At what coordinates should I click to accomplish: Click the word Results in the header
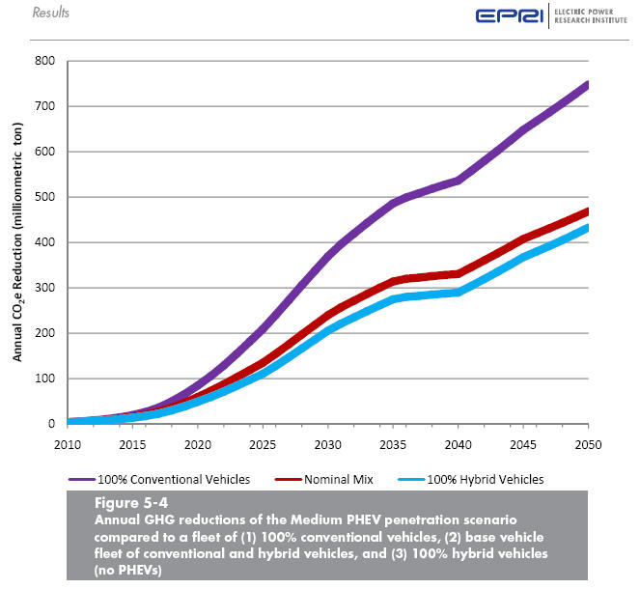(51, 13)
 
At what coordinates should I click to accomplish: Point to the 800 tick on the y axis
(44, 61)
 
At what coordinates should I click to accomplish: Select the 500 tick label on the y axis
(44, 197)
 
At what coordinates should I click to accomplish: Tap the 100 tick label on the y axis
(44, 379)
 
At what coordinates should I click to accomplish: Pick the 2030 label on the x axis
(327, 443)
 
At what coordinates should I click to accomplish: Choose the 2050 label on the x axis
(588, 443)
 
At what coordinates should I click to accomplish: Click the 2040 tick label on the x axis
(458, 443)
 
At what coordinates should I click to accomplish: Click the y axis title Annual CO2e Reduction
(17, 240)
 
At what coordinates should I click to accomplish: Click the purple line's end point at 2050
(588, 84)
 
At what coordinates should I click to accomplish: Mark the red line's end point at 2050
(588, 210)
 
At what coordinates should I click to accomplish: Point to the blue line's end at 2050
(588, 227)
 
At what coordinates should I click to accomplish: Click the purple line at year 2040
(458, 181)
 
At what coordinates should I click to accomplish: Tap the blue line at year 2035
(392, 299)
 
